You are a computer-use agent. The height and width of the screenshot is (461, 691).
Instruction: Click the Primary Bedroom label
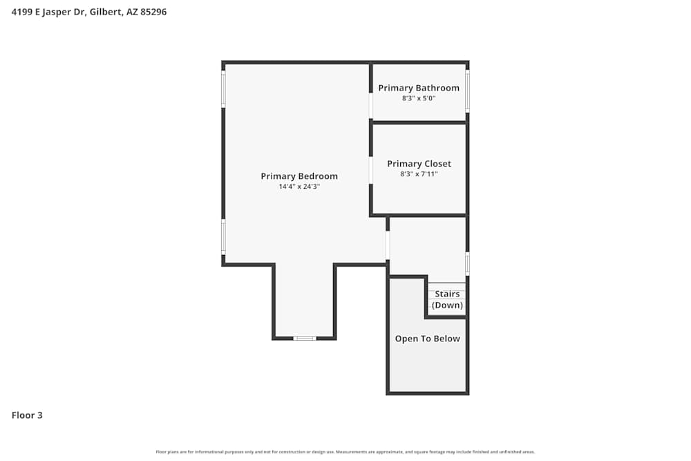[x=299, y=176]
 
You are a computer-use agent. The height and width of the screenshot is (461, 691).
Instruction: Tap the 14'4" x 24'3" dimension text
[x=299, y=187]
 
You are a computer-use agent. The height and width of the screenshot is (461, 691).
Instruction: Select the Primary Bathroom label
[x=419, y=88]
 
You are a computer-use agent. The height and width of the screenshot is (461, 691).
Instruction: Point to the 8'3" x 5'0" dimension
[x=419, y=98]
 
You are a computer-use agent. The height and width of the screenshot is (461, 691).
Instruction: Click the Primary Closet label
[x=419, y=164]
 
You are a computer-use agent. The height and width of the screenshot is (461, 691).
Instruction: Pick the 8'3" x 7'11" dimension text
[x=419, y=174]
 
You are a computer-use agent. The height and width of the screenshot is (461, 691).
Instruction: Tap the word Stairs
[x=447, y=294]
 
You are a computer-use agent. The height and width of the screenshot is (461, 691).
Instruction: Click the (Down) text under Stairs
[x=447, y=305]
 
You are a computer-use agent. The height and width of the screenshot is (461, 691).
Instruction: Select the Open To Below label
[x=427, y=339]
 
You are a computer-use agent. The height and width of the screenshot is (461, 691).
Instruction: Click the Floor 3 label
[x=27, y=415]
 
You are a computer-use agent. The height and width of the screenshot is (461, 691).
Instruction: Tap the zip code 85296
[x=153, y=12]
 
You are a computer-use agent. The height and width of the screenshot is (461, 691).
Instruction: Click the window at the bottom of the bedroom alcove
[x=305, y=338]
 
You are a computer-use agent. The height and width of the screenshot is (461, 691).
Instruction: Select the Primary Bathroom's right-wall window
[x=468, y=91]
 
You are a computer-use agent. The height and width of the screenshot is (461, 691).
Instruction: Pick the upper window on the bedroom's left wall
[x=223, y=89]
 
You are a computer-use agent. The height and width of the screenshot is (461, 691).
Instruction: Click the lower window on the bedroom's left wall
[x=223, y=236]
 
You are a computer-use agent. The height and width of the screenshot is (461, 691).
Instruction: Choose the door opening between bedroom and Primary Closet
[x=371, y=170]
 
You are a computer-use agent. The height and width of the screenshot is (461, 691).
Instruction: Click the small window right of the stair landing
[x=468, y=263]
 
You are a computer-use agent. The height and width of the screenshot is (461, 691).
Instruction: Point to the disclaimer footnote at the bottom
[x=345, y=452]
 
